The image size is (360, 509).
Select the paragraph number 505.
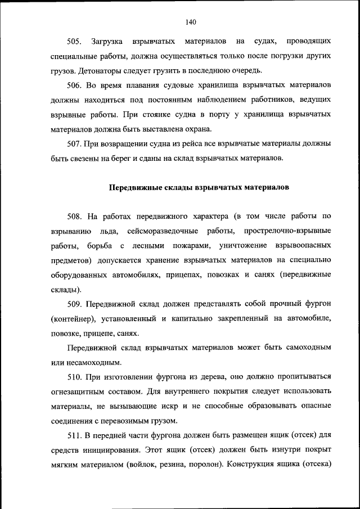pyautogui.click(x=74, y=42)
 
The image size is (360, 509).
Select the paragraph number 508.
pyautogui.click(x=74, y=217)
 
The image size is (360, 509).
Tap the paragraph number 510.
pyautogui.click(x=74, y=377)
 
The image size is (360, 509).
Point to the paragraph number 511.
pyautogui.click(x=74, y=436)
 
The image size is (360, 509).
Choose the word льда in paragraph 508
pyautogui.click(x=109, y=232)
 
